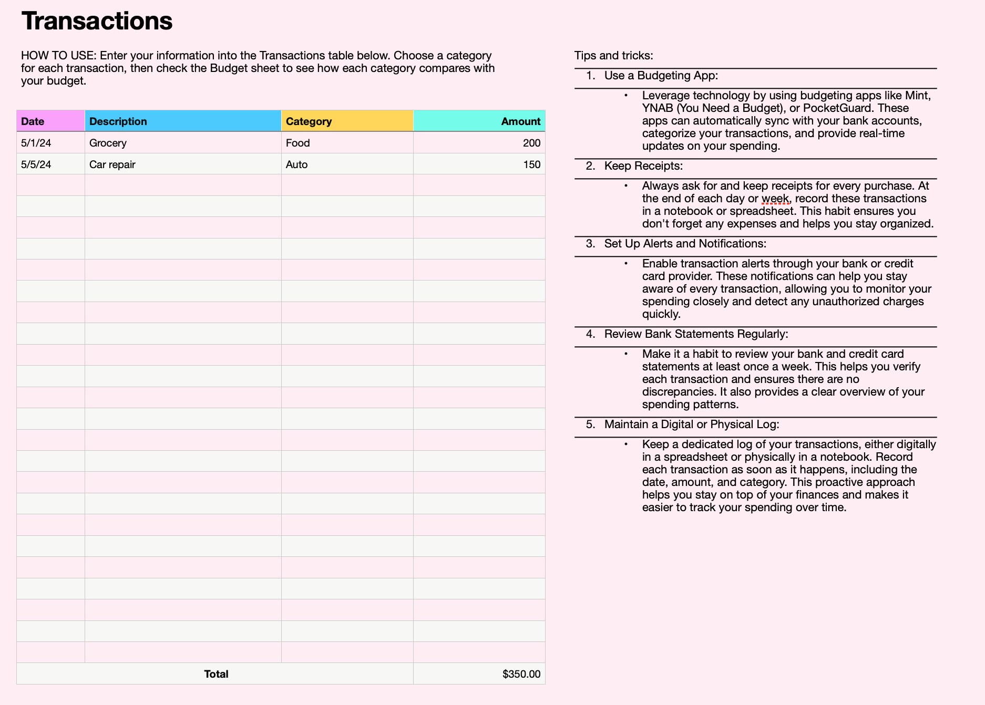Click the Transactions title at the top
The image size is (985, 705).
(x=97, y=21)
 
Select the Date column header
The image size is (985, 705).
(x=33, y=121)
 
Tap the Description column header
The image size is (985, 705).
(x=118, y=121)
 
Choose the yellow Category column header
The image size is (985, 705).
(x=309, y=121)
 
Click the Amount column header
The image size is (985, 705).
(x=520, y=121)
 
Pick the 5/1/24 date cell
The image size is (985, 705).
(x=36, y=143)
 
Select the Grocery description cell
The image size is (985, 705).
(x=108, y=143)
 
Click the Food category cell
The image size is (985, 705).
(x=297, y=143)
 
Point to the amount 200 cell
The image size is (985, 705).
(x=531, y=143)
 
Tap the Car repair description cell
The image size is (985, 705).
(x=112, y=164)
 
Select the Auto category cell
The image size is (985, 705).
(x=296, y=164)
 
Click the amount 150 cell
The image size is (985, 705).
(x=531, y=164)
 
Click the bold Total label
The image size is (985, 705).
(x=216, y=674)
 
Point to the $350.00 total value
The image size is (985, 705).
(x=521, y=674)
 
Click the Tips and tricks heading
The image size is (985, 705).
(x=613, y=55)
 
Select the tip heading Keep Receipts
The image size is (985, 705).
(x=643, y=166)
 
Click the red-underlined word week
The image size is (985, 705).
(x=775, y=199)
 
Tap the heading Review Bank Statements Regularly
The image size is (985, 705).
(x=696, y=334)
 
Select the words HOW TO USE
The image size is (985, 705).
(x=58, y=56)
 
